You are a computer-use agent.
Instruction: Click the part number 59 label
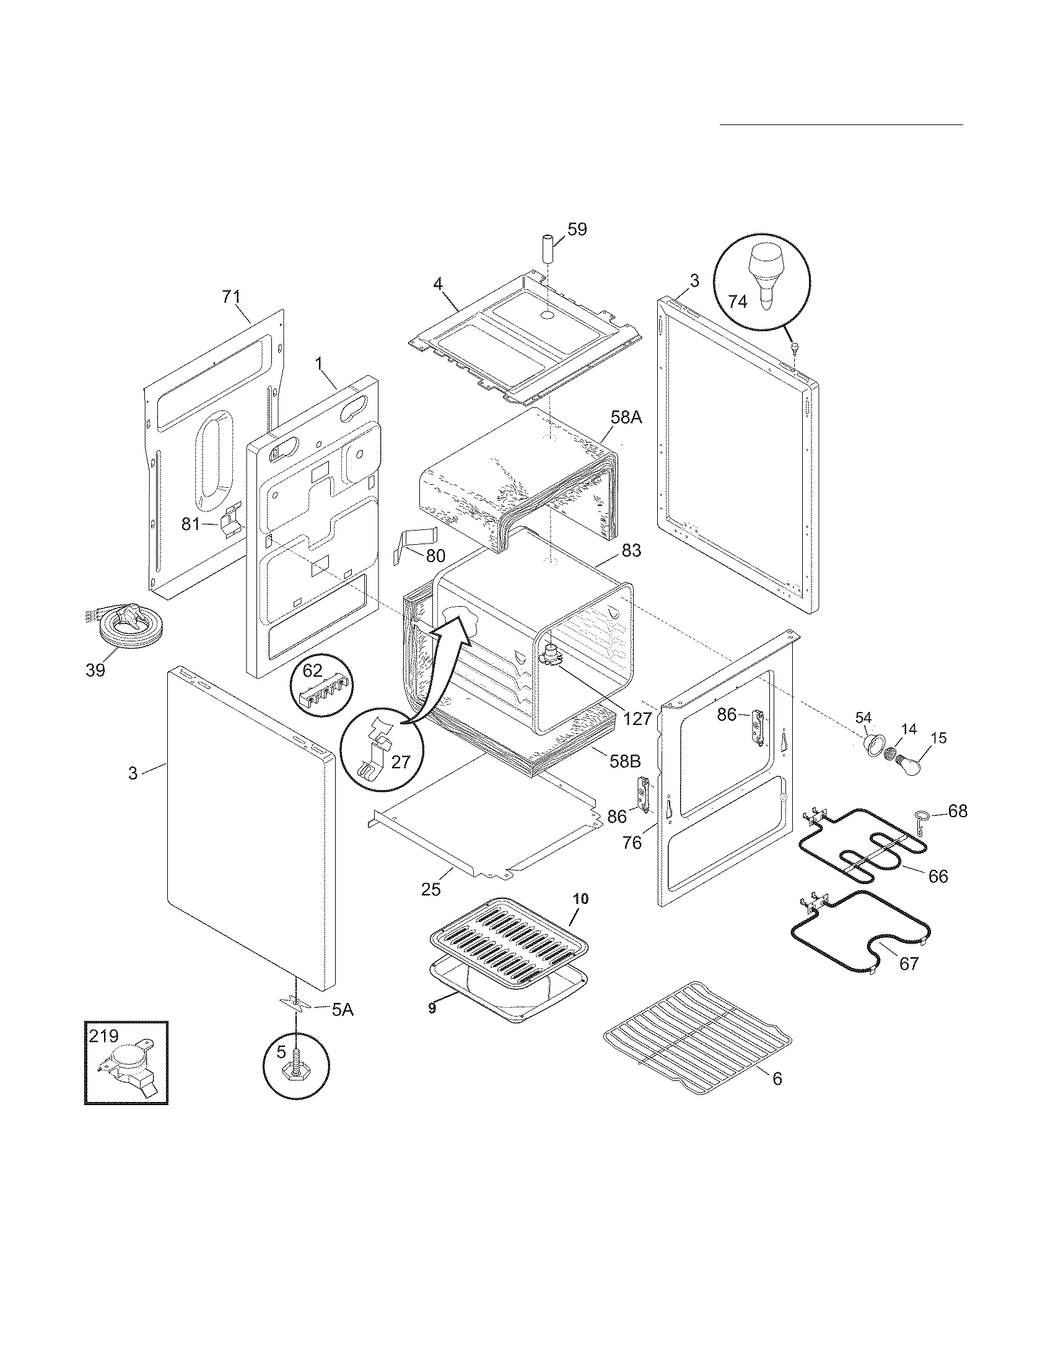tap(577, 229)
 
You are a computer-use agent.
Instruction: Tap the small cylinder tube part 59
tap(548, 250)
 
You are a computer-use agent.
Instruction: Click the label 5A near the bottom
tap(341, 1008)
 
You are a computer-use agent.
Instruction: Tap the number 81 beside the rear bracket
tap(191, 524)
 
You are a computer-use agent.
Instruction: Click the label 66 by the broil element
tap(938, 876)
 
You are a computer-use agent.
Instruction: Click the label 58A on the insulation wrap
tap(626, 417)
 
